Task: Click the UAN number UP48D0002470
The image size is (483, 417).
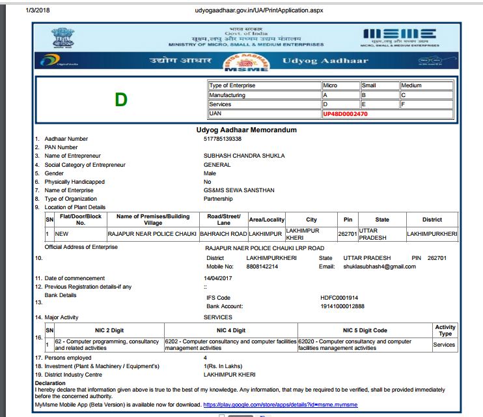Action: tap(345, 113)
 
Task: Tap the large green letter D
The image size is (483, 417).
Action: tap(120, 100)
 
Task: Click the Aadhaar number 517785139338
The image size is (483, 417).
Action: tap(223, 139)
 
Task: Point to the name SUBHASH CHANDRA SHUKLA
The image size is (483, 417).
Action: tap(244, 156)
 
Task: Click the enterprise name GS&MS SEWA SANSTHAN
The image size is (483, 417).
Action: tap(239, 190)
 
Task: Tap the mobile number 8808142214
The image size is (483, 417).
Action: tap(262, 266)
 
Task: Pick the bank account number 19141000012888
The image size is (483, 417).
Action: tap(342, 306)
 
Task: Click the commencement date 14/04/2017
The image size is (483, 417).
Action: tap(219, 278)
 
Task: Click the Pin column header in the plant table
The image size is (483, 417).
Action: tap(348, 220)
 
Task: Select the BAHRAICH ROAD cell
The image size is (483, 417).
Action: tap(223, 233)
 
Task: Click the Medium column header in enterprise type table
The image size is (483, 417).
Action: tap(411, 85)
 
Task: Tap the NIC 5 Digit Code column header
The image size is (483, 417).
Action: tap(365, 330)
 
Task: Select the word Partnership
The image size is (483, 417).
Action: tap(218, 199)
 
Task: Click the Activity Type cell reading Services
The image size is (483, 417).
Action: tap(444, 344)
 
